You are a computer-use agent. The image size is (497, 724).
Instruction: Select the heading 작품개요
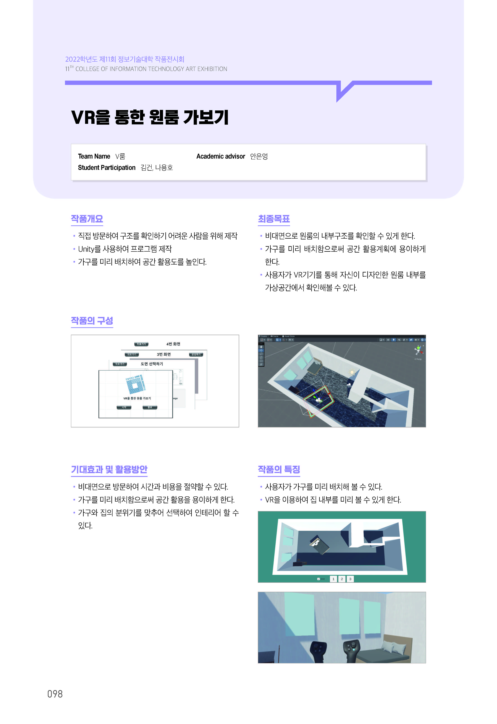coord(87,219)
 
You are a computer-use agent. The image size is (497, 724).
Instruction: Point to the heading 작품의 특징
coord(279,469)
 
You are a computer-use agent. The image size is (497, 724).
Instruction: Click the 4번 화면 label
coord(173,344)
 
